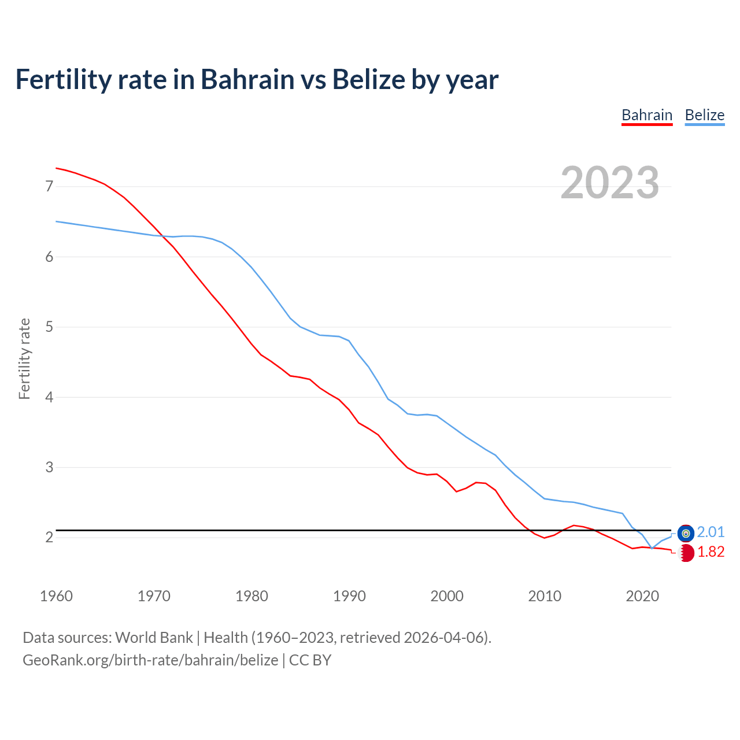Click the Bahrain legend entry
pos(647,115)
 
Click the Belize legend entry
pos(704,115)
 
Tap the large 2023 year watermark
pos(609,183)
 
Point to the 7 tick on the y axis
pos(49,186)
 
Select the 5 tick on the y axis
pos(49,327)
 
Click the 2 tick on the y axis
pos(49,538)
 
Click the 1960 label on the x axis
pos(56,596)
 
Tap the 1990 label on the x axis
pos(349,596)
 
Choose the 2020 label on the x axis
pos(642,596)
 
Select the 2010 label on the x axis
pos(545,596)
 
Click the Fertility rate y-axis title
pos(24,358)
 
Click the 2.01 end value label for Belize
pos(711,532)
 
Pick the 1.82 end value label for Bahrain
pos(711,552)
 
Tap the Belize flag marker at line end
pos(686,533)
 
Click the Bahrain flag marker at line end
pos(686,553)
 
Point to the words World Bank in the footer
pos(154,638)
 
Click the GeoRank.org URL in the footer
pos(150,660)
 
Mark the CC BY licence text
pos(310,660)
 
